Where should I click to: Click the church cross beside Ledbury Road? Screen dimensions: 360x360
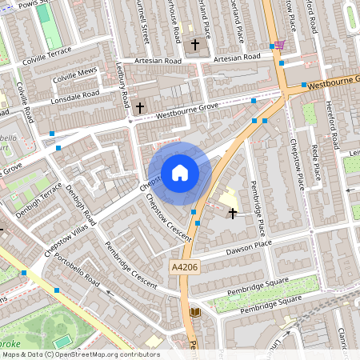click(x=141, y=106)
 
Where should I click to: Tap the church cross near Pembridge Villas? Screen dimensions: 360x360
click(x=233, y=213)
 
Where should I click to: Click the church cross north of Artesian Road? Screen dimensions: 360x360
click(x=195, y=45)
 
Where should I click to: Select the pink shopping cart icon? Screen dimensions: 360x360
click(x=279, y=45)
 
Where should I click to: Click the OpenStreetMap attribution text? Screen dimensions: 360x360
click(x=80, y=354)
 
